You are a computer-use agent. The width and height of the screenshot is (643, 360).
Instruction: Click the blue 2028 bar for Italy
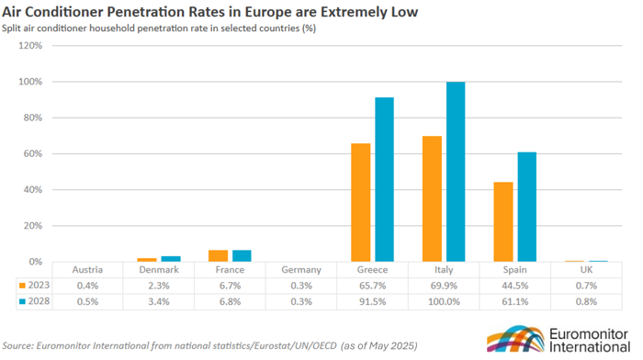click(x=456, y=172)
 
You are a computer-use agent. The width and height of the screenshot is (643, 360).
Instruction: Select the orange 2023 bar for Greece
click(x=360, y=202)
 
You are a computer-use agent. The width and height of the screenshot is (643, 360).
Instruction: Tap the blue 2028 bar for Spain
click(x=526, y=207)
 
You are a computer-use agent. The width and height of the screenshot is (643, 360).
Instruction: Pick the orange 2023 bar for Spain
click(x=503, y=221)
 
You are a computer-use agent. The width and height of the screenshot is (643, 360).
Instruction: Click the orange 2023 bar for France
click(x=218, y=256)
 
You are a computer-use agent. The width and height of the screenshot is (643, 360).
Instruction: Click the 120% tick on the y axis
click(x=31, y=46)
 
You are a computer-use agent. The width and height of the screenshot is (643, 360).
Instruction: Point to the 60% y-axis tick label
click(x=33, y=153)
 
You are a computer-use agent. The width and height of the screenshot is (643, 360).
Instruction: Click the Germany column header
click(x=301, y=270)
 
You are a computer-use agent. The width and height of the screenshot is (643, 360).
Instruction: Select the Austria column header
click(x=87, y=270)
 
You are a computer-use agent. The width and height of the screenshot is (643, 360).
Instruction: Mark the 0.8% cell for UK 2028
click(x=586, y=300)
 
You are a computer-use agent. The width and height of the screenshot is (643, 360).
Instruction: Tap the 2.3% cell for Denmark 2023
click(x=158, y=285)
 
